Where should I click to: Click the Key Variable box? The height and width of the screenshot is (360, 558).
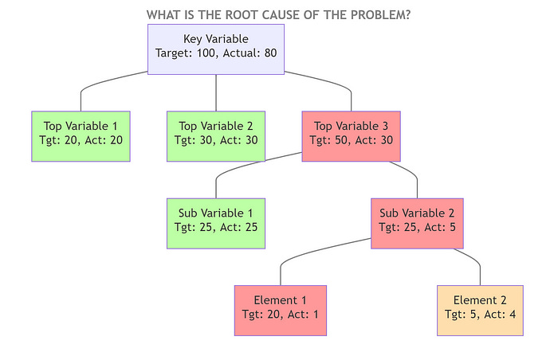tap(216, 49)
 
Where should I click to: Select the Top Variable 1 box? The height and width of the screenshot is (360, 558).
tap(81, 136)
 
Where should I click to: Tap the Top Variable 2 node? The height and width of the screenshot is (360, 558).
tap(216, 136)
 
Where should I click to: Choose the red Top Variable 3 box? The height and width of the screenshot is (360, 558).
tap(351, 136)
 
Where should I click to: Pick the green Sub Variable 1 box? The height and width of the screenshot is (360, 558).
tap(216, 223)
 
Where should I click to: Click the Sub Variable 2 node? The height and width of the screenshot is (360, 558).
tap(418, 223)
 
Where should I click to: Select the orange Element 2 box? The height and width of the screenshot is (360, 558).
tap(480, 310)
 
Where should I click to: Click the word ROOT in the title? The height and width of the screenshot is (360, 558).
tap(250, 15)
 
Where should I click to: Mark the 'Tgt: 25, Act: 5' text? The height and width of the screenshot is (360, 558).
tap(418, 229)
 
